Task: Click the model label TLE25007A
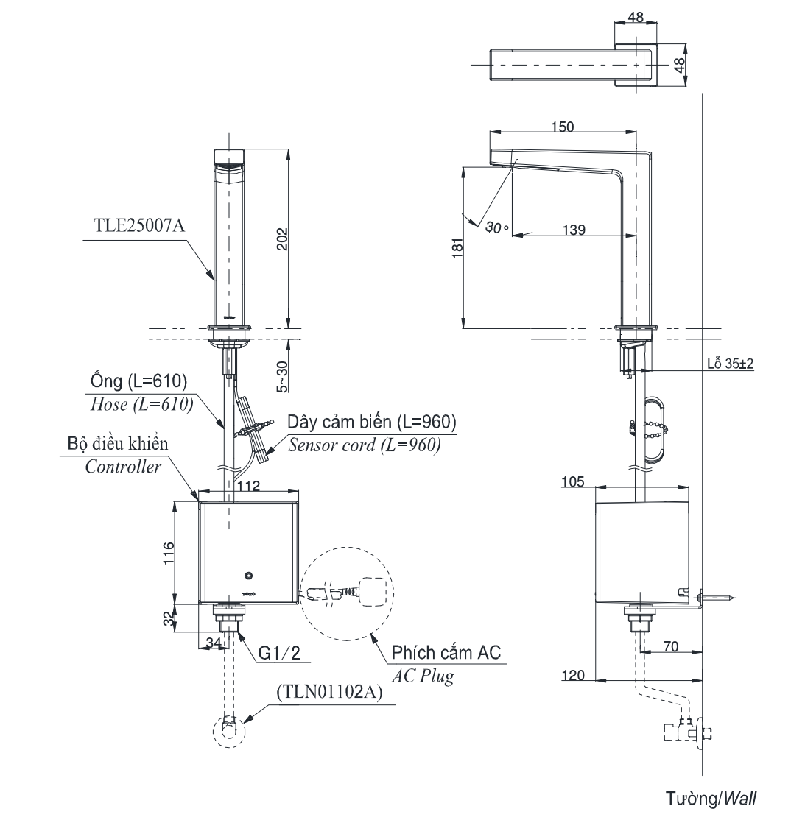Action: click(x=138, y=227)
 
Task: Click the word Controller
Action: click(x=123, y=467)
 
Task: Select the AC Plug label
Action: click(x=423, y=676)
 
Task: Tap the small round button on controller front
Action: click(x=248, y=574)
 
